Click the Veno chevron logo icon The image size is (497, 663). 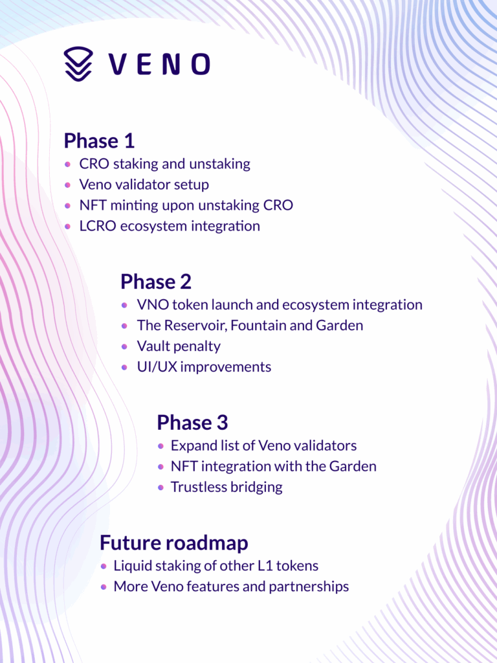tap(78, 64)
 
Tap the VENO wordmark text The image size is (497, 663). tap(159, 64)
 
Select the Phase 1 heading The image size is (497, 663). tap(99, 140)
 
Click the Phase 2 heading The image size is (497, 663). tap(156, 282)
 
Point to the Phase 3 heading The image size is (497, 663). tap(192, 422)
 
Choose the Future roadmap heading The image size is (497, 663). tap(173, 543)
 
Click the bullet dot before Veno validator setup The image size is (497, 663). tap(67, 185)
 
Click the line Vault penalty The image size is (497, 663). tap(179, 346)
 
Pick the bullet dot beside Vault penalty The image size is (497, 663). tap(124, 346)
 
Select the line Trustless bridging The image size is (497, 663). tap(226, 487)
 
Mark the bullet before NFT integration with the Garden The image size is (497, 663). tap(160, 467)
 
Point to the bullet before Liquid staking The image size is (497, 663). tap(104, 566)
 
